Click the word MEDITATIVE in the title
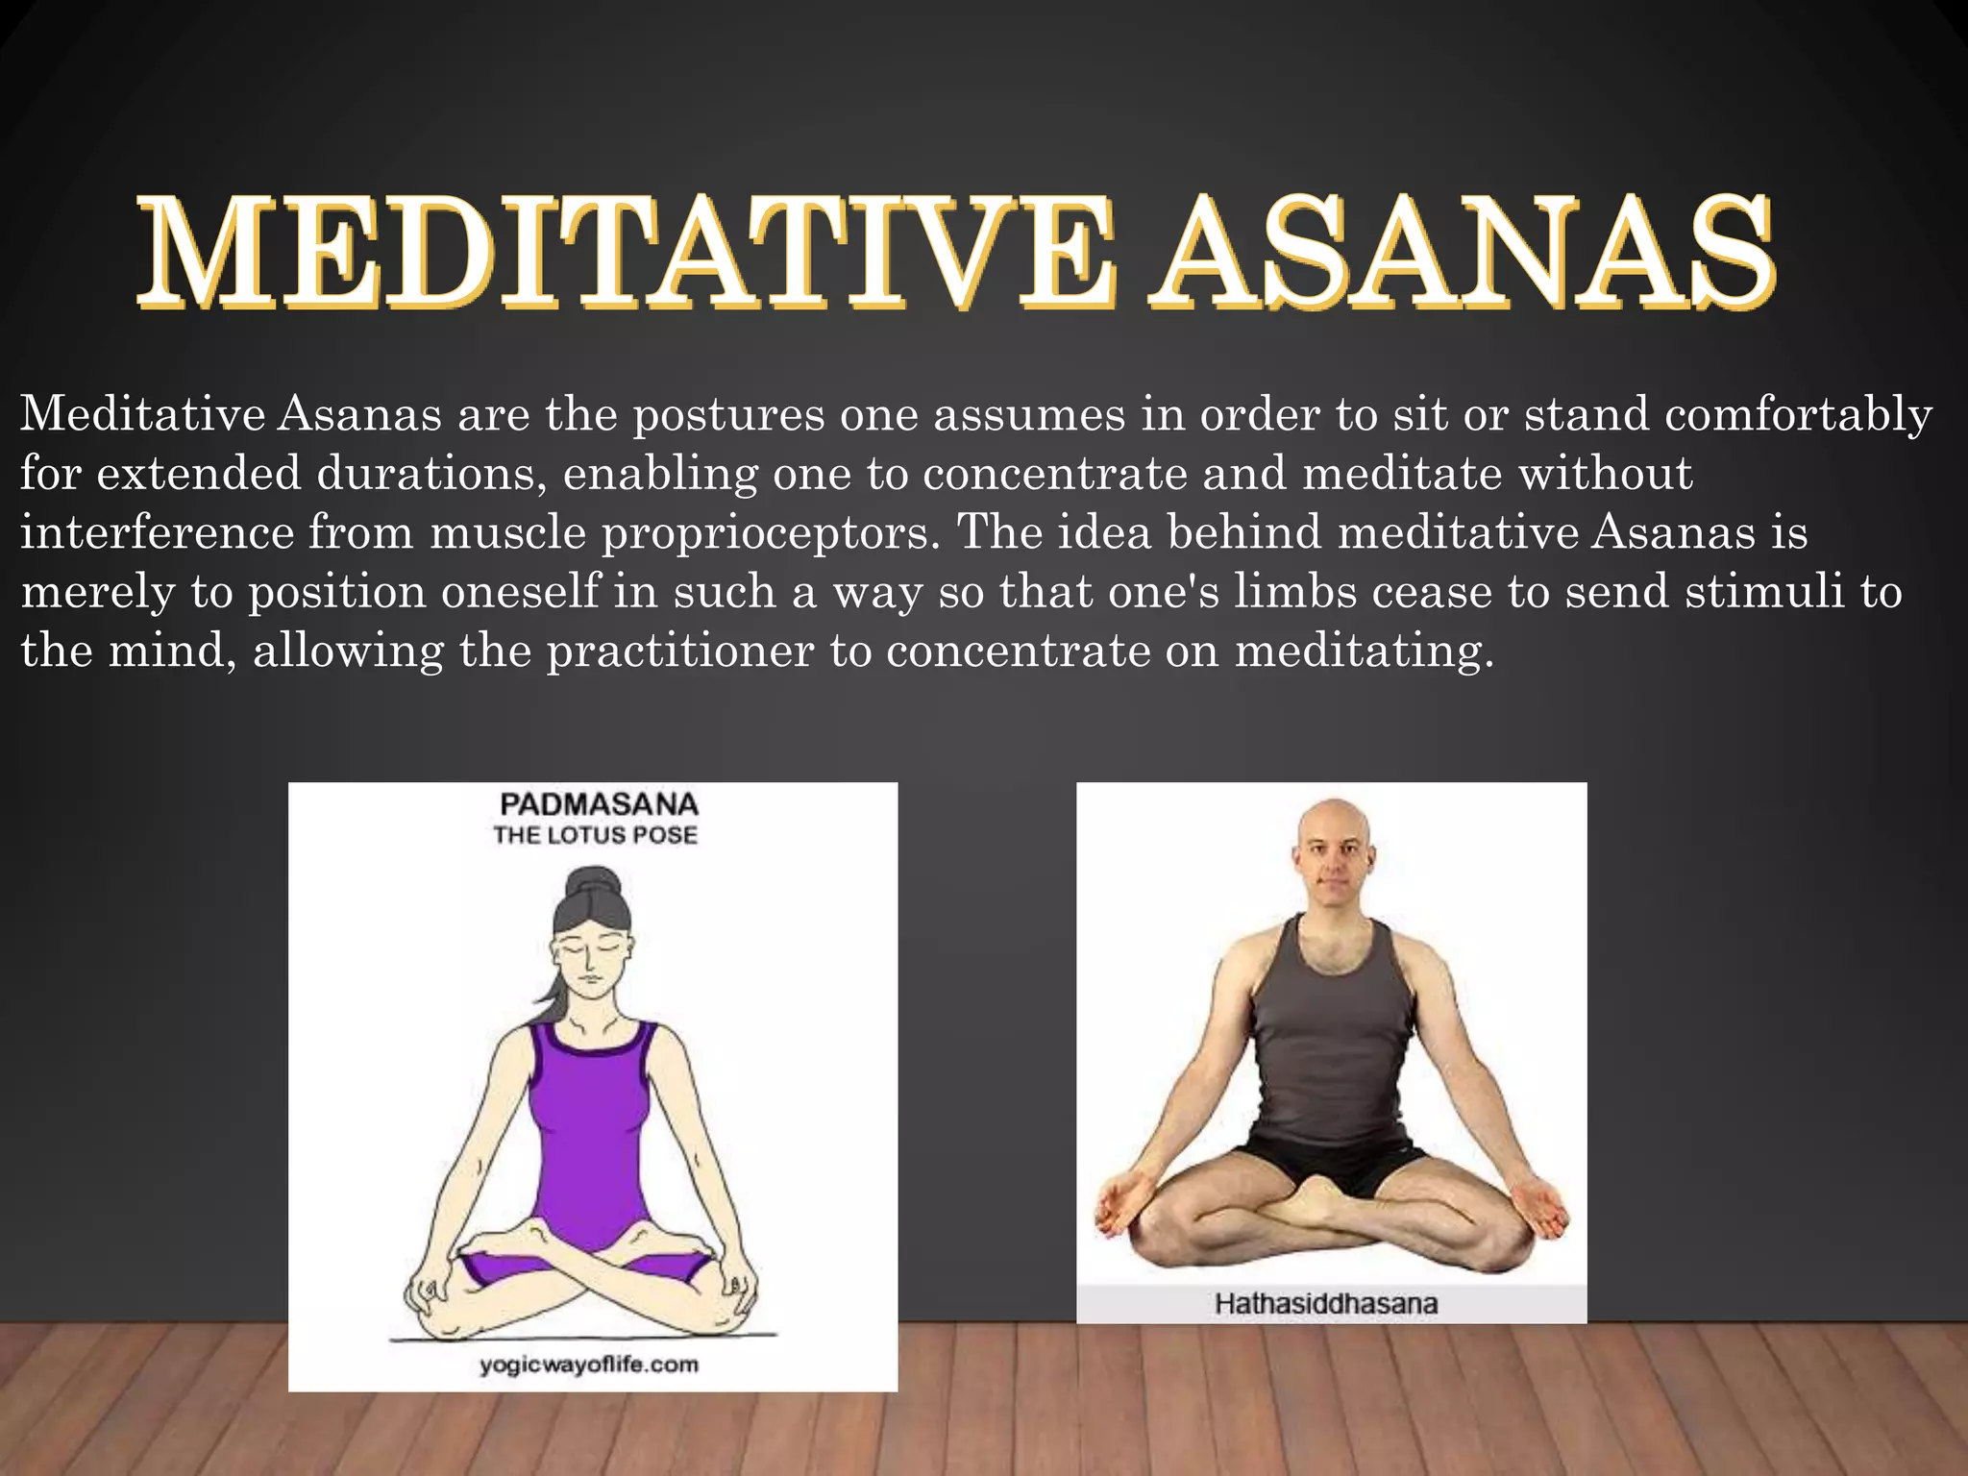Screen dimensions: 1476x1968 (625, 252)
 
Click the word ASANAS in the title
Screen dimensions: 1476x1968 (1465, 252)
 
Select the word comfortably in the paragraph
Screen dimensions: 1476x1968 (1798, 415)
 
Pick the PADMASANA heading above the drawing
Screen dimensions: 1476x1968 (599, 804)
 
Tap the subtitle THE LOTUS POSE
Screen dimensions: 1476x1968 (596, 835)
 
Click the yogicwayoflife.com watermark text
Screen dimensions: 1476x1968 (589, 1365)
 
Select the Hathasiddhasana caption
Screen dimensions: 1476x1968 (1326, 1304)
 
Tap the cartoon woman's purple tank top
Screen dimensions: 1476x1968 (591, 1134)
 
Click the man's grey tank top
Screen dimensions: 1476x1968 (1331, 1038)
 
